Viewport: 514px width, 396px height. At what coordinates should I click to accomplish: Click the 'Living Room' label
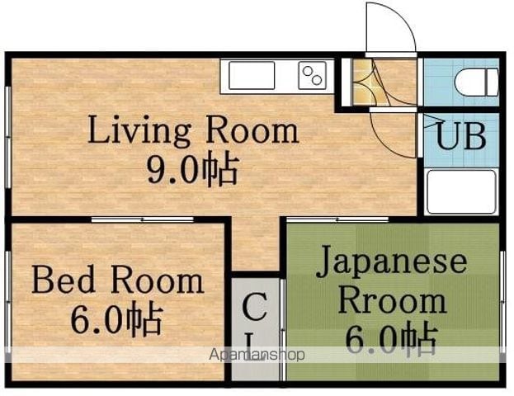[193, 130]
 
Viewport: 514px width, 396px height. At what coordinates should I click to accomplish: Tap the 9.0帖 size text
[192, 169]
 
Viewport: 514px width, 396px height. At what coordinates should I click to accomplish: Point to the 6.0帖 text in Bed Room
[116, 319]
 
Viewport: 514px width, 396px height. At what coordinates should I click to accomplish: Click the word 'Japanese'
[391, 263]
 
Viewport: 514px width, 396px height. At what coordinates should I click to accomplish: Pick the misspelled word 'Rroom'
[392, 300]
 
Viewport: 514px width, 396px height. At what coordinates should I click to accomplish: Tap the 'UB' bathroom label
[461, 136]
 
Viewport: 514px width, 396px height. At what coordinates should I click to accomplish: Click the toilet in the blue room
[477, 82]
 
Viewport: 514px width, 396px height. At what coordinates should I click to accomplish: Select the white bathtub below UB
[461, 191]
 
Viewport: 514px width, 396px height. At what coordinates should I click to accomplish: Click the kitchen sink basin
[252, 75]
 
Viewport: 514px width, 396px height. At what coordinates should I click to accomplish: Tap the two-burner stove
[312, 75]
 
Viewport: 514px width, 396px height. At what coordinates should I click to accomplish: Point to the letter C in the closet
[254, 308]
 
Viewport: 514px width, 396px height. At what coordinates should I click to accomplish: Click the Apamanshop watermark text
[257, 355]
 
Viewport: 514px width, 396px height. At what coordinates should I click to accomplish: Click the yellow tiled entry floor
[363, 82]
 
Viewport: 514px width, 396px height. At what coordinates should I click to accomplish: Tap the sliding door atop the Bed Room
[142, 219]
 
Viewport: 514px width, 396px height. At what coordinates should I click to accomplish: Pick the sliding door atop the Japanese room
[337, 219]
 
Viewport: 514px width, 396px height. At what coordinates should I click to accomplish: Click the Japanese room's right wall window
[502, 302]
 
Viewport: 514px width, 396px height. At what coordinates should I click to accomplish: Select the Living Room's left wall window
[9, 137]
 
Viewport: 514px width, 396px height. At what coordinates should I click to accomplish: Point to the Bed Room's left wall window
[9, 302]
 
